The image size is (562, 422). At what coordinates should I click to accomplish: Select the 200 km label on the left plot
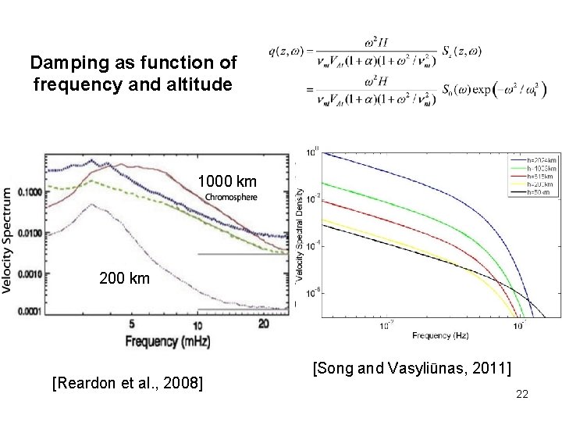click(126, 277)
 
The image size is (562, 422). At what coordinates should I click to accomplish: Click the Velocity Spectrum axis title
click(10, 238)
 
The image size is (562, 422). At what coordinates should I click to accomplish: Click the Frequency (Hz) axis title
click(436, 336)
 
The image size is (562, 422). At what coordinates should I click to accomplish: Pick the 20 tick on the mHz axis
click(265, 323)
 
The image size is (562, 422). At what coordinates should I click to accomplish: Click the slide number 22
click(522, 396)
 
